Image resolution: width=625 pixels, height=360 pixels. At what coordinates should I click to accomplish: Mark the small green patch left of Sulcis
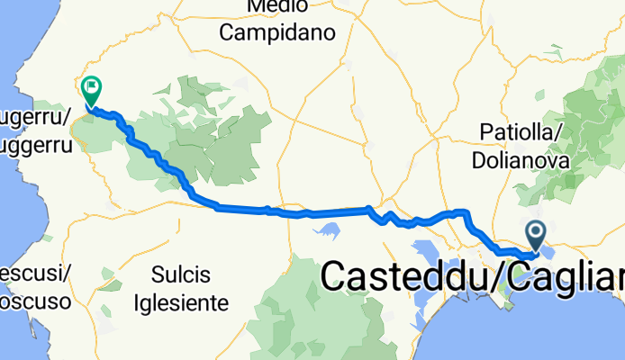[x=108, y=273]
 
